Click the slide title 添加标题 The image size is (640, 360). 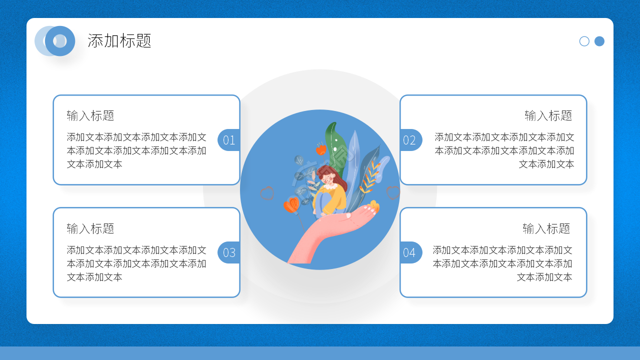[x=119, y=41]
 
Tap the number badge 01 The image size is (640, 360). [x=228, y=140]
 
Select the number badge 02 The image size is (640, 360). [x=410, y=140]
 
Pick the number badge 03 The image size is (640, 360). [x=228, y=252]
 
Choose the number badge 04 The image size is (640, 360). [x=410, y=252]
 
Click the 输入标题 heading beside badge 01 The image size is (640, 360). [x=90, y=116]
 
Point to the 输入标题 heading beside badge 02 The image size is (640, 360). [x=548, y=116]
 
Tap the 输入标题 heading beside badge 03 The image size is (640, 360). [x=90, y=229]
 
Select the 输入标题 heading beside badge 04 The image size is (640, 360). [x=546, y=229]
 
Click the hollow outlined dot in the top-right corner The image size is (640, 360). [x=584, y=41]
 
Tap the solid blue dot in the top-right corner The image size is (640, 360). [x=599, y=41]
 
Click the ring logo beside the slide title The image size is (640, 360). [x=59, y=41]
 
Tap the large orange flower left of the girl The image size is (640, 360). [x=291, y=204]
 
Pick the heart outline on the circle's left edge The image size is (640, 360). [x=267, y=193]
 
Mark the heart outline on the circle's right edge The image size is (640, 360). [x=393, y=192]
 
